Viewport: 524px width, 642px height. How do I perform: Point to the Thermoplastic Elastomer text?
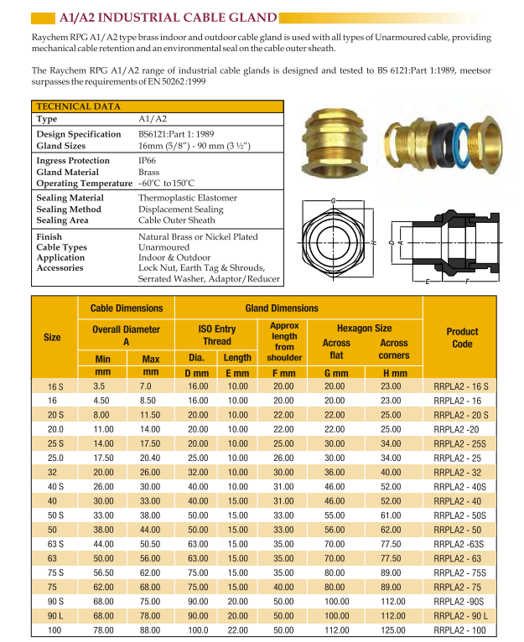tap(187, 198)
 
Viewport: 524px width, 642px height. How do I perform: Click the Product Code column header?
tap(461, 337)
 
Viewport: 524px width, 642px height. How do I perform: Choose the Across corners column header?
tap(393, 348)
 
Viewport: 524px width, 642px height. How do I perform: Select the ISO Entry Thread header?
tap(215, 335)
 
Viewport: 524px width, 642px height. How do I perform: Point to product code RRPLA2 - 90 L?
tap(461, 616)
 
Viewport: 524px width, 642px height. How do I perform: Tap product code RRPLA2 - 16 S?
tap(461, 386)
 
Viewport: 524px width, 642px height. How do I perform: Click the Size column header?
tap(52, 337)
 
